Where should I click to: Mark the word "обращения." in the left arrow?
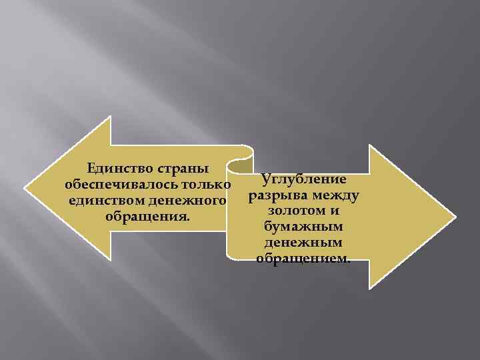(147, 216)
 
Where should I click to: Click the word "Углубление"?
(303, 180)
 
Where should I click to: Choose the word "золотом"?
(291, 211)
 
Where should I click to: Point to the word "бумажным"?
(303, 227)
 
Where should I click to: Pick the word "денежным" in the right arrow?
(303, 243)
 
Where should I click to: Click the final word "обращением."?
(303, 259)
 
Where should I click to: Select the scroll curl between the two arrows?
(239, 160)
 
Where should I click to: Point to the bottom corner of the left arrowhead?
(111, 260)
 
